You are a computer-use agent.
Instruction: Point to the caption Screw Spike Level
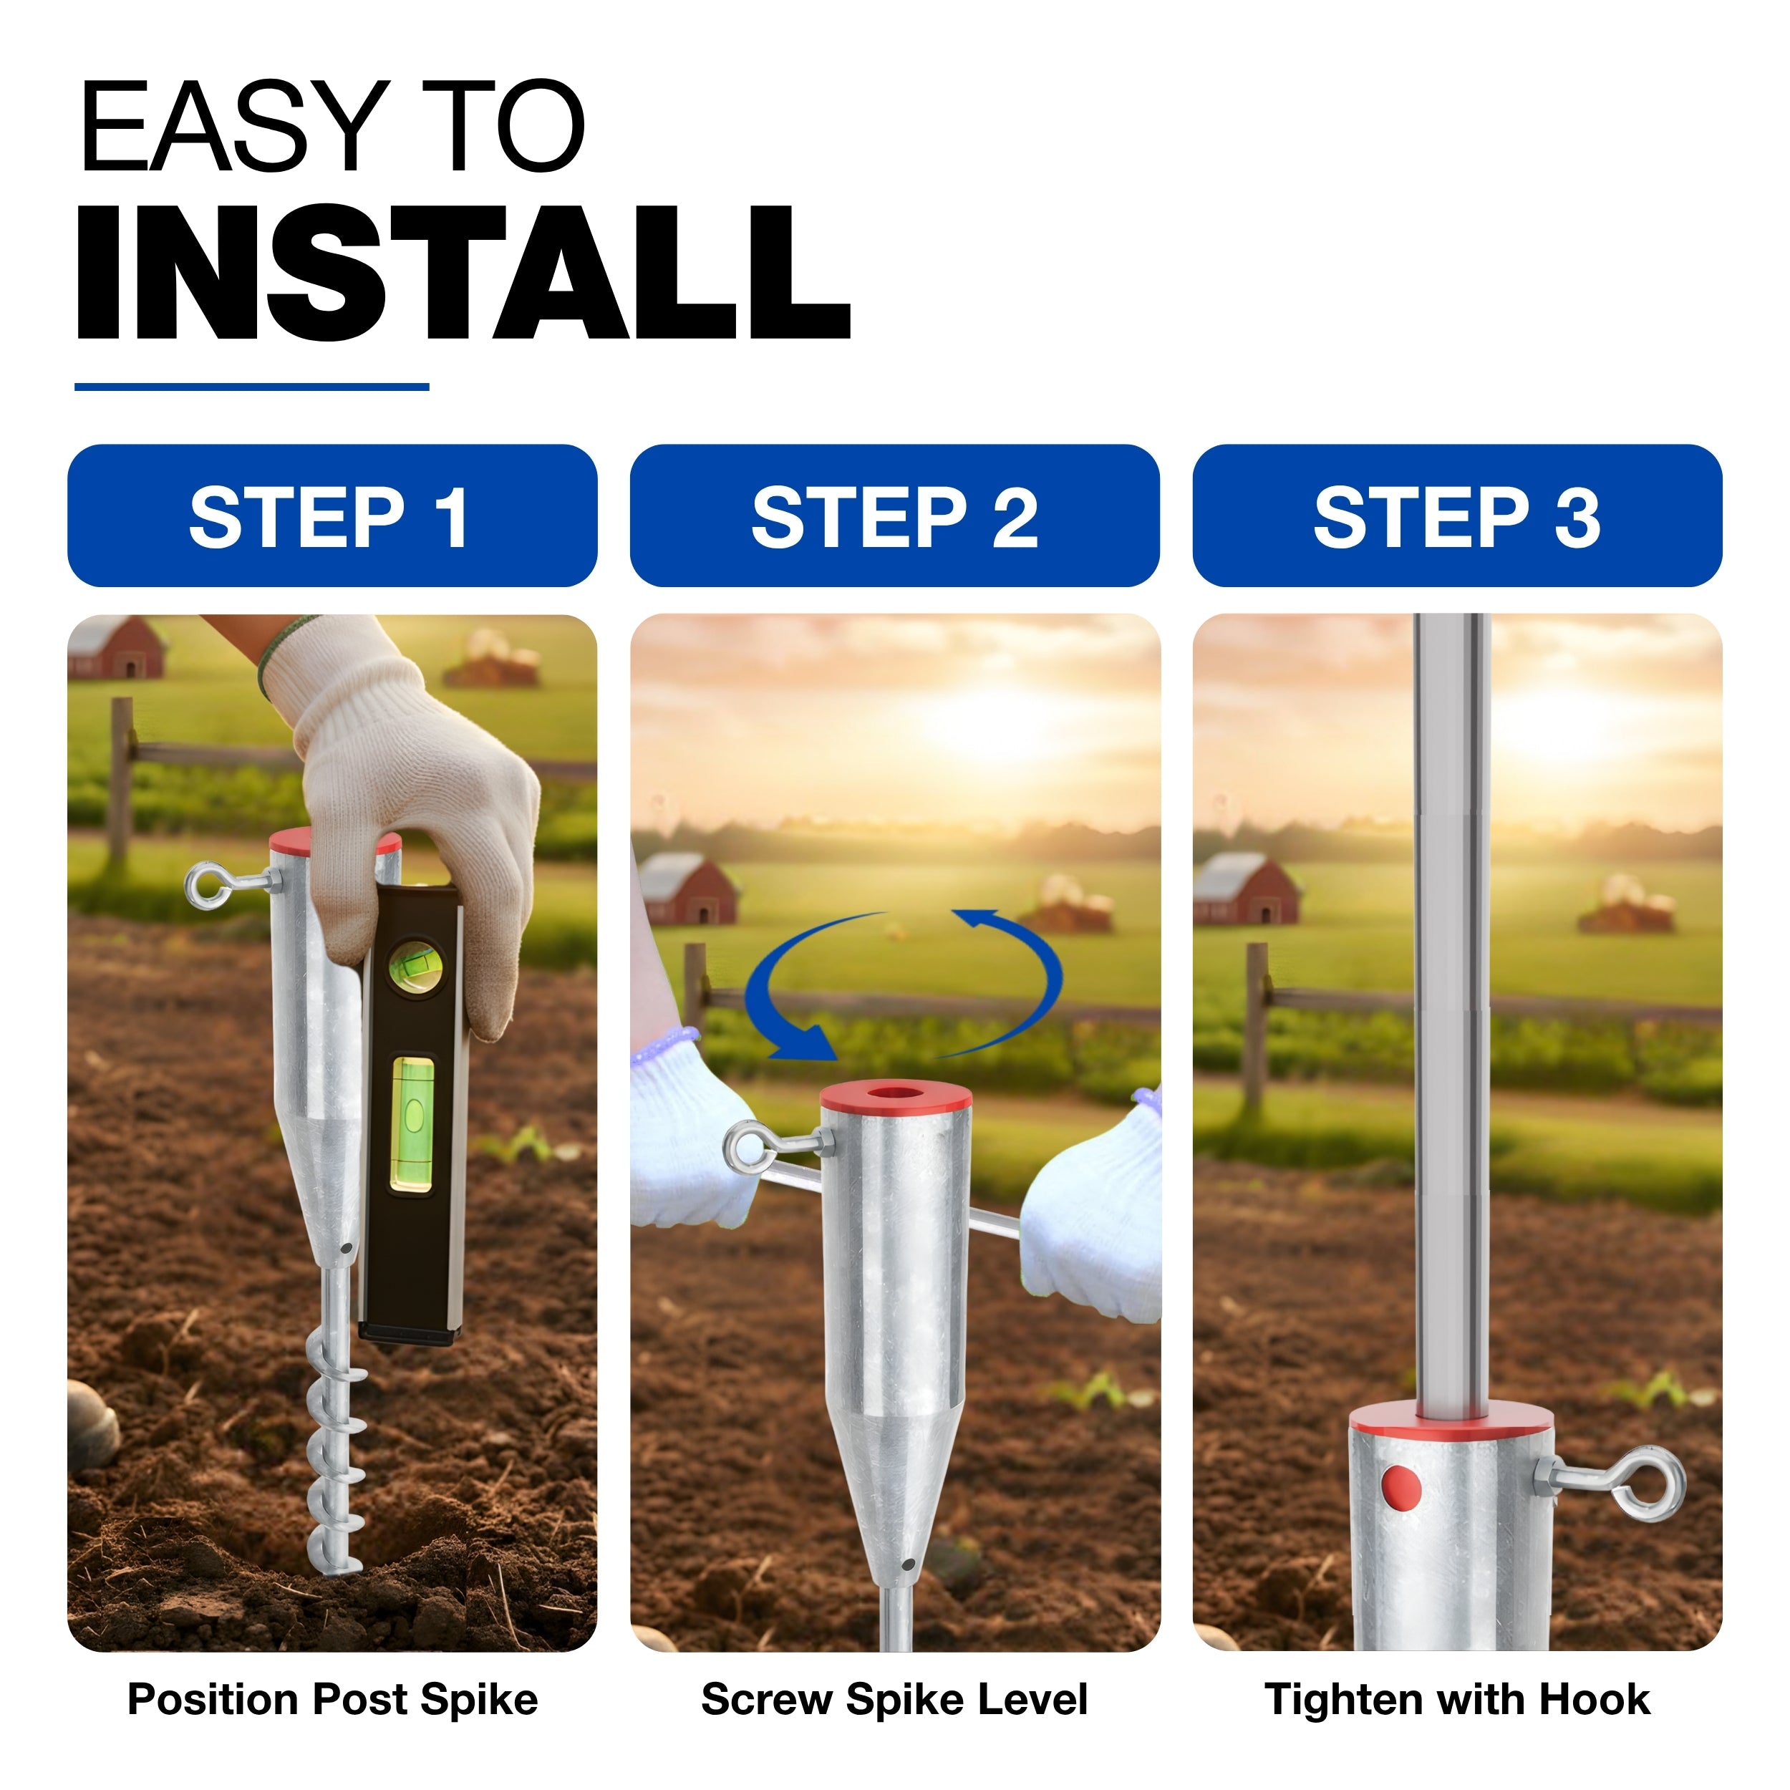pos(894,1700)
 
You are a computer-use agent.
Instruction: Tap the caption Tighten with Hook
pos(1457,1700)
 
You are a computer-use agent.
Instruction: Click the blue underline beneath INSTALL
pos(251,387)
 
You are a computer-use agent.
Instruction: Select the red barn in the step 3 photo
pos(1245,888)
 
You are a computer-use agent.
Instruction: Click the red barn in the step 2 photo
pos(687,888)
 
